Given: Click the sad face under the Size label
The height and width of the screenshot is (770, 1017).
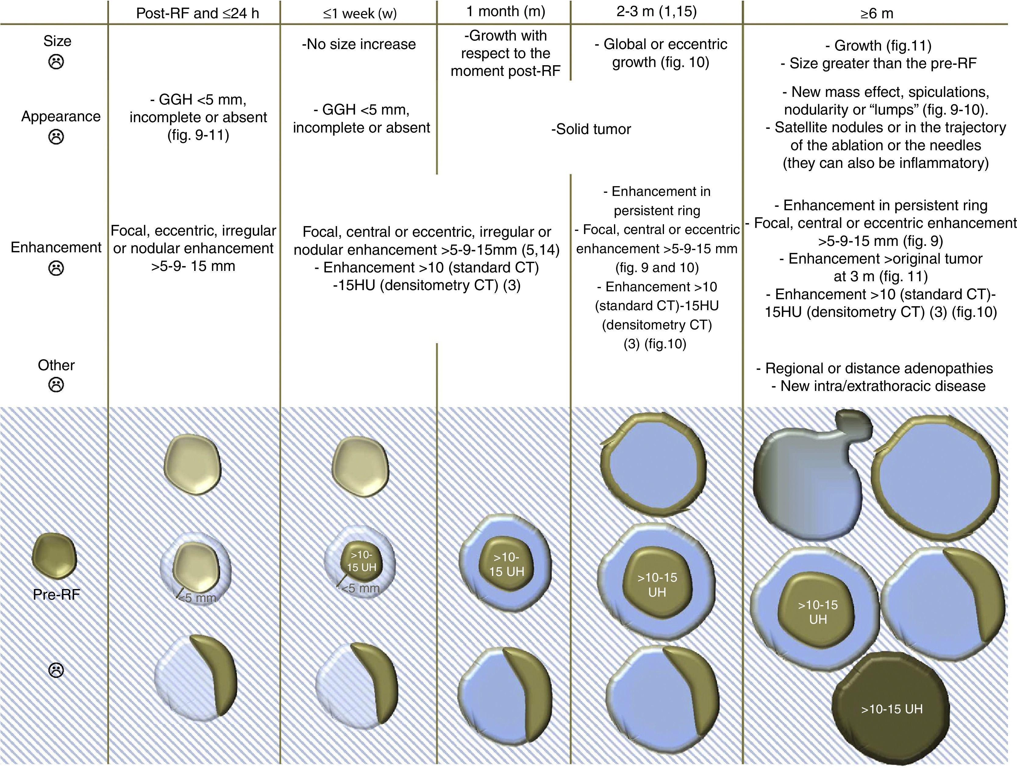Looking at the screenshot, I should coord(57,62).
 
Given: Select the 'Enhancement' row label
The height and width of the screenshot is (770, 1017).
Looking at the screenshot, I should coord(56,247).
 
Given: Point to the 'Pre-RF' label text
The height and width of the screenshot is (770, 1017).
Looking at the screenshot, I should coord(56,595).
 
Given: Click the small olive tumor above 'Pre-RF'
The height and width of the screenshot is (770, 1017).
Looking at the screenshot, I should coord(54,556).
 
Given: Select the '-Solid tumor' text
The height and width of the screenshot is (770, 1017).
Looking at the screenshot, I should coord(591,129).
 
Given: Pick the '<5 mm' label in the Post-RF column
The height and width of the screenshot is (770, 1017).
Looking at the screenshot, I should coord(197,598).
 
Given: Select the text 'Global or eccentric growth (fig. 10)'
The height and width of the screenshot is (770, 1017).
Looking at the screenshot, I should coord(661,53).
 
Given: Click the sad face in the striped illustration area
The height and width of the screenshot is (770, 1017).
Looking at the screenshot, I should coord(56,670).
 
